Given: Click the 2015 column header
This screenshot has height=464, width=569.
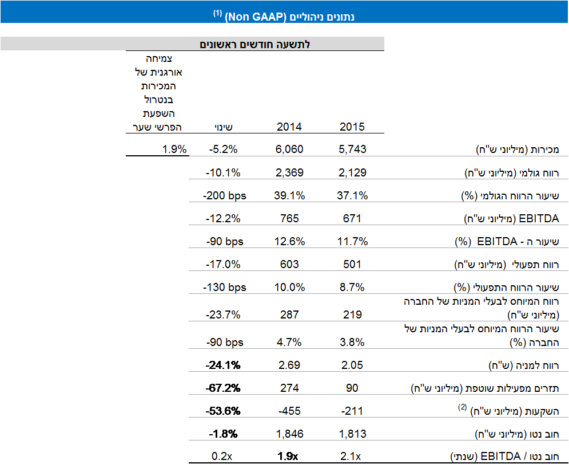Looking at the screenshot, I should pos(352,127).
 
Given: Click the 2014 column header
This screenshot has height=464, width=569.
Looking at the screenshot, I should pos(289,127).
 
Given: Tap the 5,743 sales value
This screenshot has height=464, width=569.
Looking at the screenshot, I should pos(352,150).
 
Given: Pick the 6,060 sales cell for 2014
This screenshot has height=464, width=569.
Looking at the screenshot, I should pos(289,150).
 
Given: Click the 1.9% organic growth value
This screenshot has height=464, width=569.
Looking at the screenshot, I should pos(174,150).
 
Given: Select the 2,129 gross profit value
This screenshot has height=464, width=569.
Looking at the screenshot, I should pos(352,172).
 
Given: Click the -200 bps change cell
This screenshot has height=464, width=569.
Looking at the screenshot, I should pos(224,195).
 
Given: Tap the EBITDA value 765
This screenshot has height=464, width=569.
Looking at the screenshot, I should pos(290,218).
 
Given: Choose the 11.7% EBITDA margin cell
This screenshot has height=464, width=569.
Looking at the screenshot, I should pos(352,241).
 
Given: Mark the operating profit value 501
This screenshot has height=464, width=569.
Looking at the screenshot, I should pos(352,264).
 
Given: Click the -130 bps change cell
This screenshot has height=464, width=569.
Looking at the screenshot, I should pos(224,287).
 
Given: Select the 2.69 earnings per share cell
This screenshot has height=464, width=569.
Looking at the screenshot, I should pos(290,365).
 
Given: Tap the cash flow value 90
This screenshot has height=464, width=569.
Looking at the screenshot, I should pos(352,388).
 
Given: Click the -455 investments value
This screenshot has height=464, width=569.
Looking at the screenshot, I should pos(290,411).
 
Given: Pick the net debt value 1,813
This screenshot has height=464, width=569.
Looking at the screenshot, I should pos(352,434).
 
